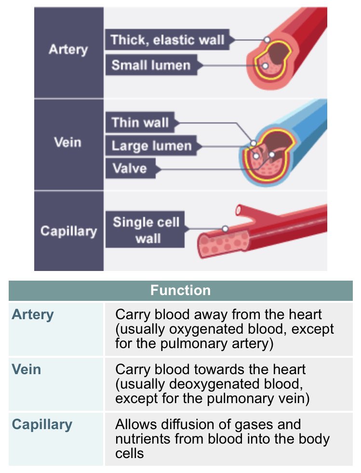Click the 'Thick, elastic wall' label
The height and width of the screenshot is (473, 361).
[x=167, y=40]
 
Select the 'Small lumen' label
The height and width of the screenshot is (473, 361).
[x=151, y=65]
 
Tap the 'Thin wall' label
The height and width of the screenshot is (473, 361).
[x=140, y=122]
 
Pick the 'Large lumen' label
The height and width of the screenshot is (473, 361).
[x=151, y=146]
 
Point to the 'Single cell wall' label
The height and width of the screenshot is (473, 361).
[x=146, y=230]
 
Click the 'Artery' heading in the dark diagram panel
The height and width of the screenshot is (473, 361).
[x=68, y=49]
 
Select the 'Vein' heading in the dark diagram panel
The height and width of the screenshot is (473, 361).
[x=68, y=143]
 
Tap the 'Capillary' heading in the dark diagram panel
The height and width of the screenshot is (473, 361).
[x=68, y=230]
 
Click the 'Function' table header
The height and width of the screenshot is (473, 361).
[x=180, y=290]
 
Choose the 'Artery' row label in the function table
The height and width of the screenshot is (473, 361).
[x=33, y=315]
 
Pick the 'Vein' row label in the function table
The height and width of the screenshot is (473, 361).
[x=27, y=370]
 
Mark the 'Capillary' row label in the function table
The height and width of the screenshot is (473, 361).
[x=42, y=425]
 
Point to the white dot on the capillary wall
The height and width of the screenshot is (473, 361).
[x=225, y=229]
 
